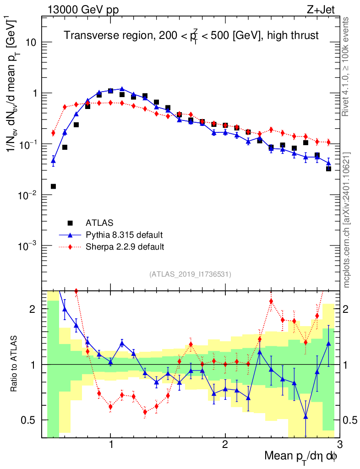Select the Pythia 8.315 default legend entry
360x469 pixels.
124,235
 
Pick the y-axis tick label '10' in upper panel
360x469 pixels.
30,43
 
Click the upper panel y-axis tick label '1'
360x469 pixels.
33,93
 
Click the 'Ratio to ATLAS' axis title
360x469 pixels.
15,364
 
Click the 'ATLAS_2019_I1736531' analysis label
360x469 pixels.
190,274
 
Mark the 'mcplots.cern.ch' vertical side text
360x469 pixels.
346,220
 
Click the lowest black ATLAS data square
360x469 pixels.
53,186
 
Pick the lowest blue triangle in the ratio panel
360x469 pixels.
305,416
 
